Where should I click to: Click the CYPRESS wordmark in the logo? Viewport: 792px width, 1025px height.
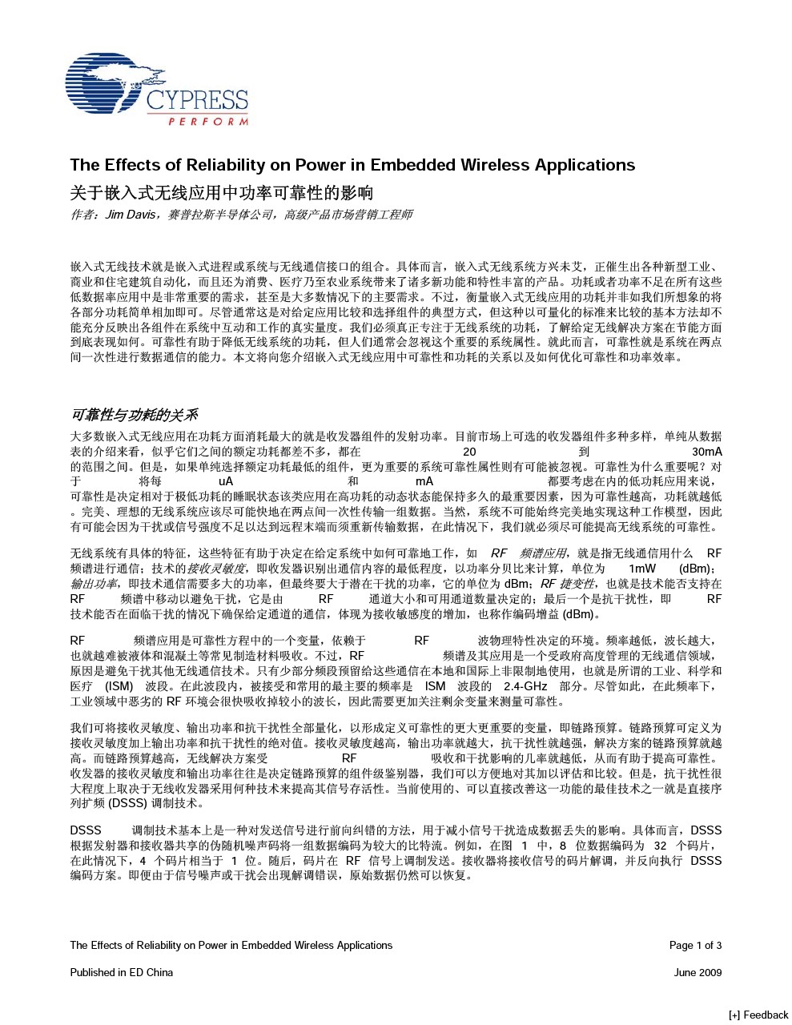pyautogui.click(x=196, y=101)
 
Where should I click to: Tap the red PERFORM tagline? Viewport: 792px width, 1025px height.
pyautogui.click(x=207, y=122)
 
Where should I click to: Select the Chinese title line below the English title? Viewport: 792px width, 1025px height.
pyautogui.click(x=222, y=193)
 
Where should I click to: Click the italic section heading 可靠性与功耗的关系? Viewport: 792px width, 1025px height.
pyautogui.click(x=134, y=415)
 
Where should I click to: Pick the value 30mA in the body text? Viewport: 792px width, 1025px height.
pyautogui.click(x=706, y=452)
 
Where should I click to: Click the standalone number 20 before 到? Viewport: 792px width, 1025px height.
pyautogui.click(x=470, y=452)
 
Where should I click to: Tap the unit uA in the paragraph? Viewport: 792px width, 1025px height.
pyautogui.click(x=226, y=481)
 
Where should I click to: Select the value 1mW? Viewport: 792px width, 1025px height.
pyautogui.click(x=642, y=569)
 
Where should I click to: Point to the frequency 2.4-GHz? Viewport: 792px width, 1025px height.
pyautogui.click(x=525, y=686)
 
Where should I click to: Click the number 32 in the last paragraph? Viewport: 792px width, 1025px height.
pyautogui.click(x=660, y=846)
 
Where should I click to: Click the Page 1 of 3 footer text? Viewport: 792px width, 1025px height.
pyautogui.click(x=695, y=945)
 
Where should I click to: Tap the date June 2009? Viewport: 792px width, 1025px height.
pyautogui.click(x=698, y=972)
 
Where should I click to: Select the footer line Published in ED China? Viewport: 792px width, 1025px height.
pyautogui.click(x=122, y=972)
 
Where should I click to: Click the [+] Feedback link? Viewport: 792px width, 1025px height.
pyautogui.click(x=758, y=1015)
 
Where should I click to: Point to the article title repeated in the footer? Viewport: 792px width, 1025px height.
pyautogui.click(x=231, y=945)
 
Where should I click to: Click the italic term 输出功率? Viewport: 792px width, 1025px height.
pyautogui.click(x=94, y=584)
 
